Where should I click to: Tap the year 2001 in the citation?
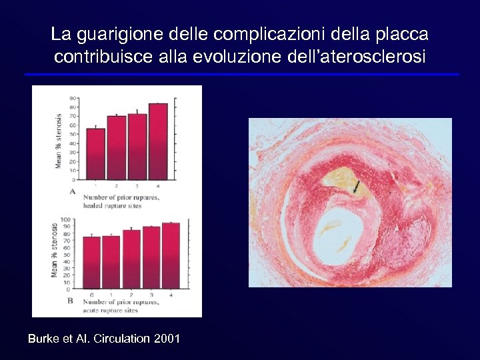click(167, 339)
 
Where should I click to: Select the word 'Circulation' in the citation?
click(121, 339)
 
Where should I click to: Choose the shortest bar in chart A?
click(96, 154)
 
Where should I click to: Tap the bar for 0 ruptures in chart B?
click(91, 263)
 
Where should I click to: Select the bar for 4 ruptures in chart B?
click(171, 256)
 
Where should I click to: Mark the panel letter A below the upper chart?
click(72, 191)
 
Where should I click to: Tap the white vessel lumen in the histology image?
click(340, 237)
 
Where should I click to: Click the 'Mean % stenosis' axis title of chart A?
click(58, 140)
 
